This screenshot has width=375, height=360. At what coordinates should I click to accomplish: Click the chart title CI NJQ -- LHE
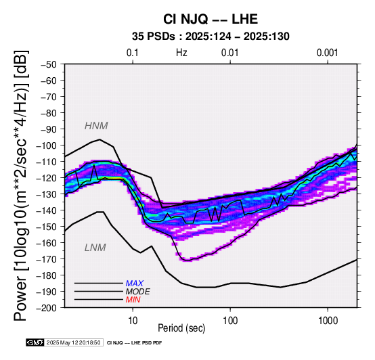[x=211, y=19]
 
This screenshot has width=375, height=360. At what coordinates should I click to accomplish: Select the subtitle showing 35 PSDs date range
[x=211, y=37]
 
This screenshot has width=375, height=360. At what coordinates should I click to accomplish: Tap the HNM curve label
[x=96, y=126]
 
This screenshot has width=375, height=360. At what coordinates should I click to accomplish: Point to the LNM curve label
[x=95, y=248]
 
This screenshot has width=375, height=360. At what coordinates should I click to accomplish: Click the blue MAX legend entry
[x=135, y=284]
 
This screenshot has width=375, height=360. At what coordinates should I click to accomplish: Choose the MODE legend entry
[x=138, y=292]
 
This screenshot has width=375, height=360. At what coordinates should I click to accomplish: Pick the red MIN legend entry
[x=133, y=300]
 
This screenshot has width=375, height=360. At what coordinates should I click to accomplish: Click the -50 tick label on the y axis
[x=48, y=64]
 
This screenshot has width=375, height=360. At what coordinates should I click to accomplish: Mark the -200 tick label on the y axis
[x=47, y=308]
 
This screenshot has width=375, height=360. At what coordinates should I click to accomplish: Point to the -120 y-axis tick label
[x=47, y=178]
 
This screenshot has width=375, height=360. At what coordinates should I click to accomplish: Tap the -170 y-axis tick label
[x=47, y=259]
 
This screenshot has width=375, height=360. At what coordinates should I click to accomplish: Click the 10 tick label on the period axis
[x=133, y=321]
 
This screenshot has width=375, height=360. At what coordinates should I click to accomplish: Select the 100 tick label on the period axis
[x=230, y=321]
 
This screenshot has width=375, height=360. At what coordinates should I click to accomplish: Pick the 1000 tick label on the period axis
[x=328, y=321]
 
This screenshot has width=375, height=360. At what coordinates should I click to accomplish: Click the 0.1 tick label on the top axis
[x=133, y=53]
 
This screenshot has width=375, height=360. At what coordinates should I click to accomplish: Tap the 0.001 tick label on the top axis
[x=328, y=53]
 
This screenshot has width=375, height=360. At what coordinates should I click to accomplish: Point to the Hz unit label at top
[x=181, y=53]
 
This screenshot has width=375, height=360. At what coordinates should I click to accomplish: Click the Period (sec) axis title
[x=181, y=328]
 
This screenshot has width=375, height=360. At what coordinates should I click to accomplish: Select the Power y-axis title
[x=21, y=185]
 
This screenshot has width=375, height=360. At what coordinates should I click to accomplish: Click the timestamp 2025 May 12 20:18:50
[x=73, y=342]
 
